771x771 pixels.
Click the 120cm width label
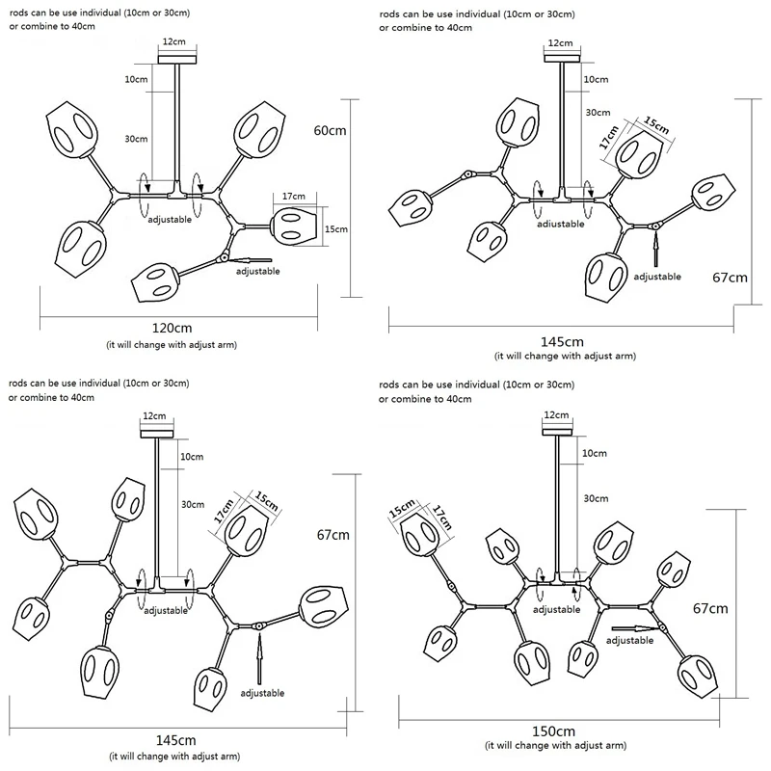[172, 328]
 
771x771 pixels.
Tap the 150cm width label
[553, 731]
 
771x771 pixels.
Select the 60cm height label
[330, 130]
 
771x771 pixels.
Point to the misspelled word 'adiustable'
[561, 225]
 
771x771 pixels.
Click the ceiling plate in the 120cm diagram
[177, 60]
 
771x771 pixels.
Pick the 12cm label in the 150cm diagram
[556, 415]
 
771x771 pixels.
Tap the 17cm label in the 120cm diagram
[294, 197]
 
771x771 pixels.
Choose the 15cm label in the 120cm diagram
[335, 229]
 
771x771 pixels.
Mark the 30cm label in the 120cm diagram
[136, 139]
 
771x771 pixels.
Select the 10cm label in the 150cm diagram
[594, 453]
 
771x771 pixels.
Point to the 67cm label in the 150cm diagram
[710, 609]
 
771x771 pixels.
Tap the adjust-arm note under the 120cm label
[172, 345]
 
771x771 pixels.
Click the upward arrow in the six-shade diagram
[655, 251]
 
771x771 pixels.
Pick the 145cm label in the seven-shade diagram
[175, 740]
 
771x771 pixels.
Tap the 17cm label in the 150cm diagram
[441, 517]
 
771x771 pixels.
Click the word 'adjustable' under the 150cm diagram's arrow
[629, 640]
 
